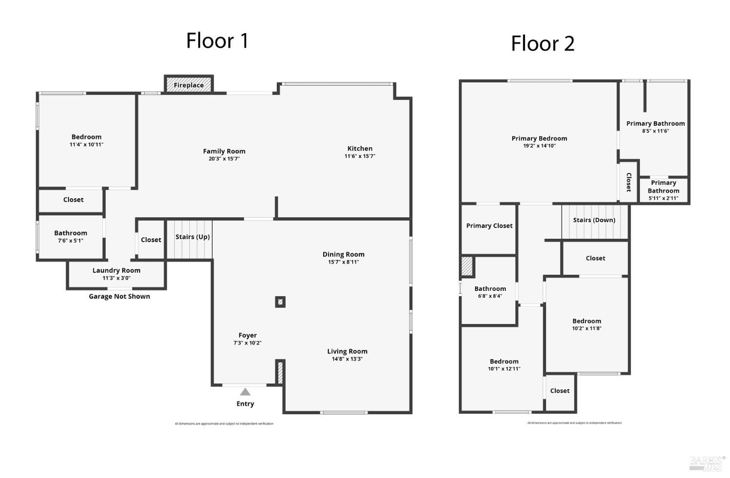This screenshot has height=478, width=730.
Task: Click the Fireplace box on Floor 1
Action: tap(189, 85)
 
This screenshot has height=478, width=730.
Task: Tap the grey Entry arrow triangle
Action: tap(245, 392)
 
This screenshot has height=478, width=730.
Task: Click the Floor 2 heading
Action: tap(543, 43)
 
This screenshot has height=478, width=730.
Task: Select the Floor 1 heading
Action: tap(217, 40)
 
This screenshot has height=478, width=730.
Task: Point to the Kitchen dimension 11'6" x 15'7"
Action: tap(360, 156)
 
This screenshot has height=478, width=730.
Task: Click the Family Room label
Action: tap(224, 151)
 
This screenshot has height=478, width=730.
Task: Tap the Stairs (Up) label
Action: tap(192, 237)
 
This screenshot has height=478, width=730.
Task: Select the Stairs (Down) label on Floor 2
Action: tap(594, 220)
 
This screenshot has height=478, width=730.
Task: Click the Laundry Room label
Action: tap(116, 270)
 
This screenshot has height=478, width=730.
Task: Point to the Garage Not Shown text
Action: tap(119, 296)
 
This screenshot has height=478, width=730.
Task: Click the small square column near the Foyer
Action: tap(280, 302)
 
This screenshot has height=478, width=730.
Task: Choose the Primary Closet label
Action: tap(489, 226)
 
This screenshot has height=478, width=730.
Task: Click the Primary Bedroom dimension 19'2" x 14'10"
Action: tap(539, 146)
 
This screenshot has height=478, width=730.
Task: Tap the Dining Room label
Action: tap(343, 254)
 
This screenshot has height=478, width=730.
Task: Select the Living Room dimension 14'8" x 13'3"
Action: tap(347, 359)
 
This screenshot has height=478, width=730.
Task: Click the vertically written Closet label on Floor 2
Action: tap(628, 182)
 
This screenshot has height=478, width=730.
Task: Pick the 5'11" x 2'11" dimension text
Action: tap(663, 198)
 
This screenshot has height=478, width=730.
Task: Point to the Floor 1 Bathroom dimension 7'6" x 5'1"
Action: tap(71, 241)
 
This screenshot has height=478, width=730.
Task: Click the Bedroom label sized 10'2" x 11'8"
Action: tap(586, 321)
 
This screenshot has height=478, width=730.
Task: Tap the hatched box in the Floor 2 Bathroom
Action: tap(467, 267)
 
